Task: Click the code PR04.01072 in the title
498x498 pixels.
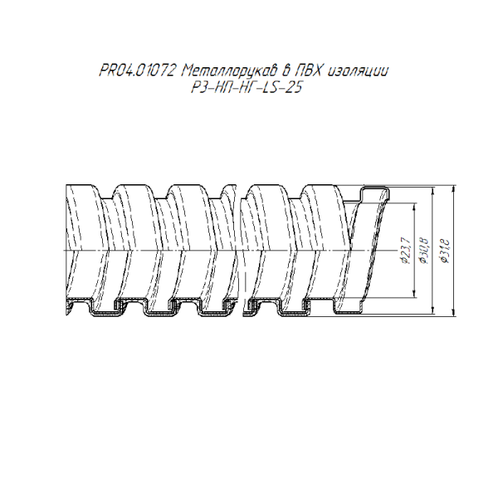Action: point(137,71)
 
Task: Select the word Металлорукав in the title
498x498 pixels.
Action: point(229,71)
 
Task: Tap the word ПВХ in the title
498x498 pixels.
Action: point(308,71)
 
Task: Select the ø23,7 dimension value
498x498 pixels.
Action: point(407,252)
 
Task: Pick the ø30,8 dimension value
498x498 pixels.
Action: point(424,251)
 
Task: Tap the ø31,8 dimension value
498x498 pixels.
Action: point(445,251)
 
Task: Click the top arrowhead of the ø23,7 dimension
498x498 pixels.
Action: point(414,207)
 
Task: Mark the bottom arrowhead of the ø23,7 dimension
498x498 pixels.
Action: point(414,293)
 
